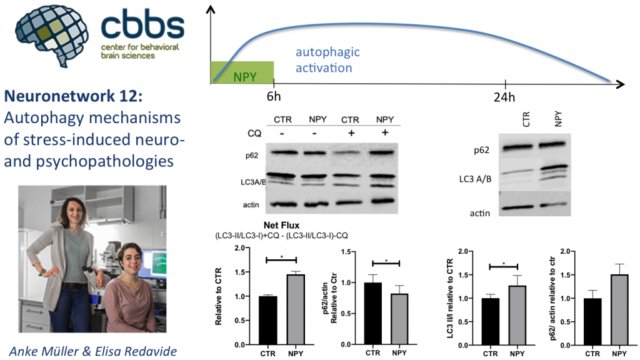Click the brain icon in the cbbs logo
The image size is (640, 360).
pyautogui.click(x=51, y=35)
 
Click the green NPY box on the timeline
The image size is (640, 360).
pyautogui.click(x=242, y=72)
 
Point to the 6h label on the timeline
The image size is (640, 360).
pyautogui.click(x=274, y=97)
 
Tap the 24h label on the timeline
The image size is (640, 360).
pyautogui.click(x=504, y=97)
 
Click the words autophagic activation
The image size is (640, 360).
pyautogui.click(x=327, y=60)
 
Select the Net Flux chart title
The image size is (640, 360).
pyautogui.click(x=282, y=225)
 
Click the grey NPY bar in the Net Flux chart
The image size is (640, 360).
pyautogui.click(x=296, y=309)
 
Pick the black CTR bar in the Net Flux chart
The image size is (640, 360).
pyautogui.click(x=267, y=321)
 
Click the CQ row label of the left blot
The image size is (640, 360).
pyautogui.click(x=254, y=134)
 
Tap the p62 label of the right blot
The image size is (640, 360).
pyautogui.click(x=482, y=150)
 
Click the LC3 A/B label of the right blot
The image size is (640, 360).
pyautogui.click(x=475, y=179)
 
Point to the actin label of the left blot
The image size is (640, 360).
pyautogui.click(x=251, y=205)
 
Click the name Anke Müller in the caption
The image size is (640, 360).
pyautogui.click(x=44, y=351)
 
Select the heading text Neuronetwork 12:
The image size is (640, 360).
pyautogui.click(x=74, y=96)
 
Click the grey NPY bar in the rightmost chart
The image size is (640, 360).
pyautogui.click(x=619, y=310)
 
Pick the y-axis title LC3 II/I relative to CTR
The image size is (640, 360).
pyautogui.click(x=450, y=298)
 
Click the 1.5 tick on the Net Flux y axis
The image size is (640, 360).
pyautogui.click(x=239, y=272)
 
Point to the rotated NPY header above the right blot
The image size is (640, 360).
pyautogui.click(x=558, y=119)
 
